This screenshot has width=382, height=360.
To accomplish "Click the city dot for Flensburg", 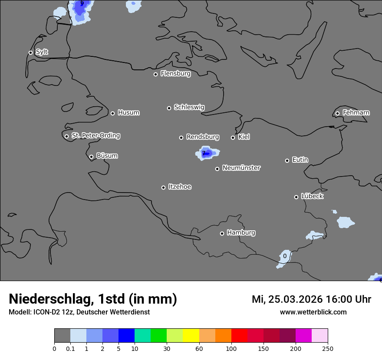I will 155,74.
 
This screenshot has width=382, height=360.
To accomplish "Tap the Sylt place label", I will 42,52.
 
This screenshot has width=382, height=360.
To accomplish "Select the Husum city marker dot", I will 112,113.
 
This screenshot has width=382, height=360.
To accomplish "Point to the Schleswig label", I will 189,107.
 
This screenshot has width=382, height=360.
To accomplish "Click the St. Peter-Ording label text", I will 95,136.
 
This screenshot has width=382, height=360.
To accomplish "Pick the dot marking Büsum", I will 91,157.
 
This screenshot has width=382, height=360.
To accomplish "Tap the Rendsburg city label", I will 202,137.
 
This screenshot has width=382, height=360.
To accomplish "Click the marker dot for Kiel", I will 233,137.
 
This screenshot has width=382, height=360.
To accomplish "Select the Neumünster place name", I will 241,168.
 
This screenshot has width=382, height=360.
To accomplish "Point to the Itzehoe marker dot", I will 163,187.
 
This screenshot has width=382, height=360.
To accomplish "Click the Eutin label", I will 300,160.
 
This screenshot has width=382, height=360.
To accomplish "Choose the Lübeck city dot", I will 296,197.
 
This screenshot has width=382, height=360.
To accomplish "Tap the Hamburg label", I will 241,233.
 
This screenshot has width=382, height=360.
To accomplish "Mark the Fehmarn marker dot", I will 337,114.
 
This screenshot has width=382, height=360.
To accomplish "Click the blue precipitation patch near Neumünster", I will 207,153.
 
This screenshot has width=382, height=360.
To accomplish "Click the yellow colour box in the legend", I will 191,336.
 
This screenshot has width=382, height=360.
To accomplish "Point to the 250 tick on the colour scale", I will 328,348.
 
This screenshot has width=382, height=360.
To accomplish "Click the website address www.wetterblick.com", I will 313,312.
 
